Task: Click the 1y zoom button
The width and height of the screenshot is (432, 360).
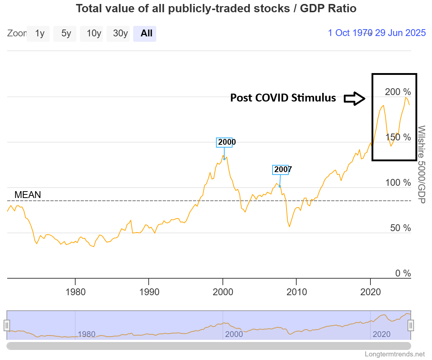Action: tap(40, 33)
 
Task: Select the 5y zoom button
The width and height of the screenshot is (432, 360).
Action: tap(66, 33)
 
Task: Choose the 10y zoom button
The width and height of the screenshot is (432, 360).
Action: tap(94, 33)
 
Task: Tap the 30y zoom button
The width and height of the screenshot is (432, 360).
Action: tap(120, 33)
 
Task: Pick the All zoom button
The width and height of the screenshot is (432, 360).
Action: tap(147, 33)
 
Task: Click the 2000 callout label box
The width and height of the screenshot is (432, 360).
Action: tap(227, 142)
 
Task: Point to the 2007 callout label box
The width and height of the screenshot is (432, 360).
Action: tap(283, 170)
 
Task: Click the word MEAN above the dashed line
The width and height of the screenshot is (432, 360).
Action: tap(27, 195)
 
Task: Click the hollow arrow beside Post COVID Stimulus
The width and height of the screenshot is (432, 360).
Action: tap(354, 98)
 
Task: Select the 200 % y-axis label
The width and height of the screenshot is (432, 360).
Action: tap(398, 92)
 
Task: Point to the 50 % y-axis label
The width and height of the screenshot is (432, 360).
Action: tap(400, 228)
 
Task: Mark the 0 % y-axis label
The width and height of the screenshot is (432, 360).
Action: tap(403, 273)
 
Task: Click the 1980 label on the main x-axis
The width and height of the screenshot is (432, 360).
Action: tap(76, 292)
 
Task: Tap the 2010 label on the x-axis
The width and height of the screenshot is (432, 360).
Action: tap(297, 292)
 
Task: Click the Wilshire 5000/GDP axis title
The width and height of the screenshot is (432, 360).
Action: tap(421, 164)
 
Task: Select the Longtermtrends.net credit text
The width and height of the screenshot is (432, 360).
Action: tap(395, 354)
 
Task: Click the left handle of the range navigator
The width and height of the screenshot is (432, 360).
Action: tap(6, 325)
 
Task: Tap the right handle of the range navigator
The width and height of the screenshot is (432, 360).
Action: tap(411, 325)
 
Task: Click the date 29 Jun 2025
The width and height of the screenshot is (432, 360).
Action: tap(400, 33)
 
